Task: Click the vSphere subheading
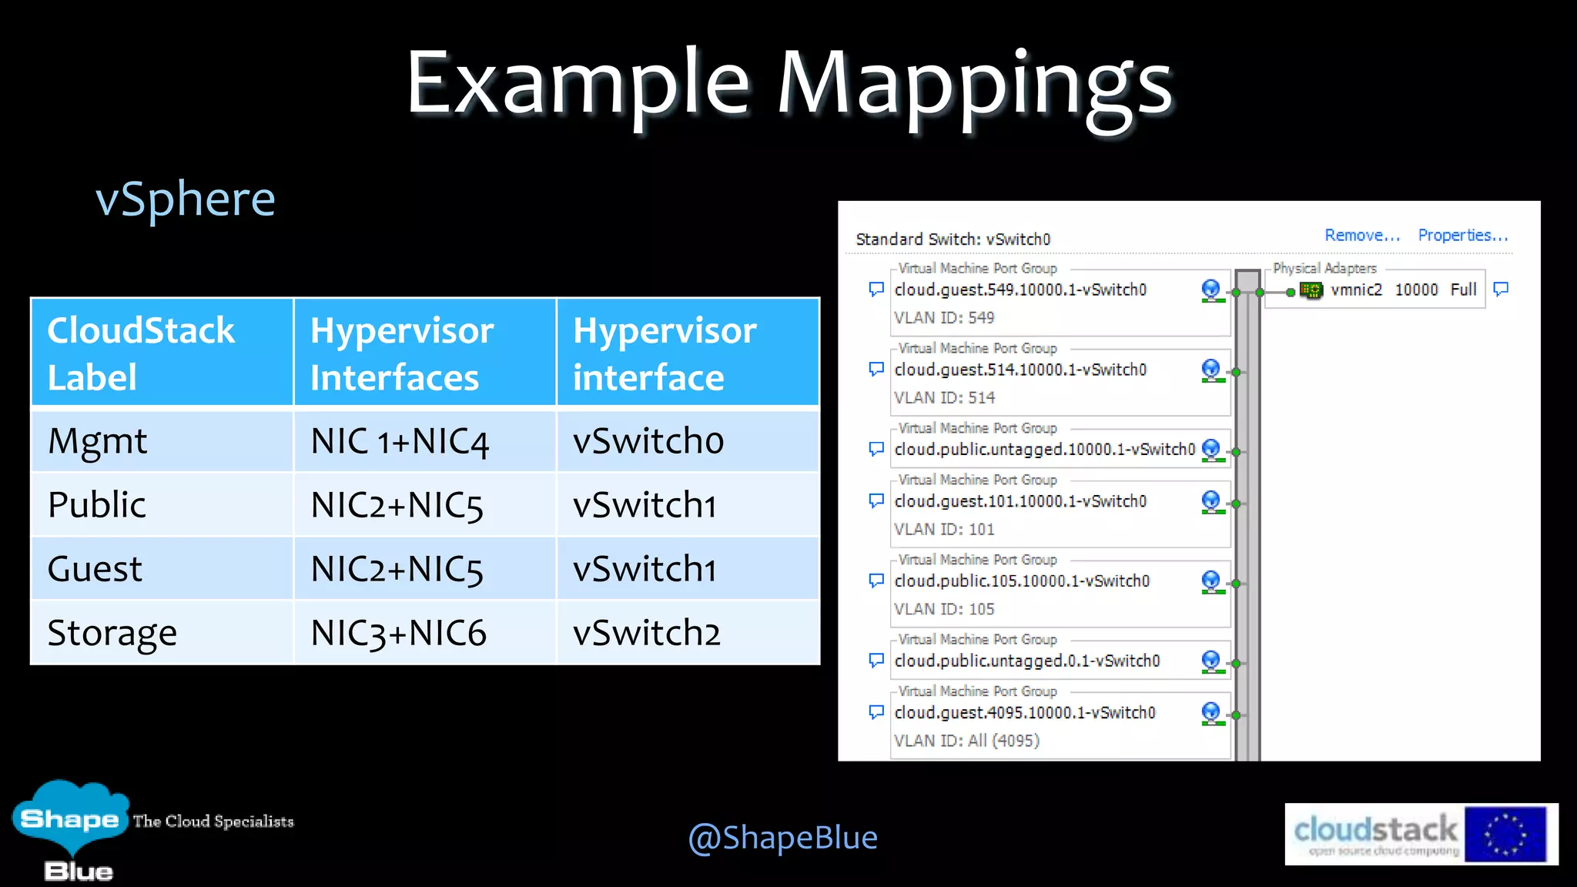[x=185, y=199]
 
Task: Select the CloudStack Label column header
[x=141, y=353]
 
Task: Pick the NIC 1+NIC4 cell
[x=400, y=441]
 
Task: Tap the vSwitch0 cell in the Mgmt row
[x=648, y=441]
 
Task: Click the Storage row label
[x=112, y=633]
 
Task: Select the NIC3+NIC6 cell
[x=398, y=633]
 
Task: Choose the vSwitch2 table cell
[x=647, y=633]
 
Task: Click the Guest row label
[x=95, y=569]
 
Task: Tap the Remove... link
[x=1361, y=236]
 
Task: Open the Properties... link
[x=1462, y=236]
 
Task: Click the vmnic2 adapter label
[x=1356, y=290]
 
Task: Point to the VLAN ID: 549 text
[x=944, y=318]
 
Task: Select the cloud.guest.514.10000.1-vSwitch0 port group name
[x=1020, y=370]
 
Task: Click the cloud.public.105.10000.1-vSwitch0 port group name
[x=1022, y=581]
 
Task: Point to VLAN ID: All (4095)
[x=966, y=741]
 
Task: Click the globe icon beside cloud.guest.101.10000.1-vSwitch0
[x=1211, y=501]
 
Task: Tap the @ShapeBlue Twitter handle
[x=782, y=837]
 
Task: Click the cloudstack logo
[x=1421, y=834]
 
